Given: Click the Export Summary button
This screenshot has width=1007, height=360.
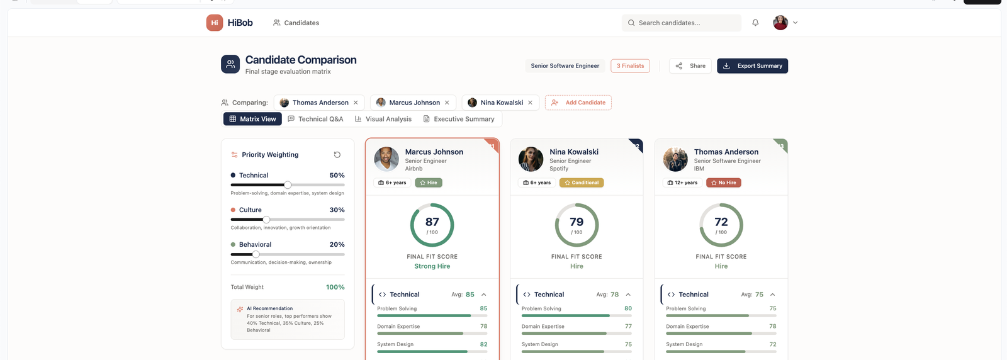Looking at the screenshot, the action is tap(752, 66).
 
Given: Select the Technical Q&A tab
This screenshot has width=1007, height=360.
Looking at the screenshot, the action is tap(315, 119).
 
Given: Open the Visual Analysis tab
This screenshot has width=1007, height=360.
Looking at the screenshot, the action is tap(383, 119).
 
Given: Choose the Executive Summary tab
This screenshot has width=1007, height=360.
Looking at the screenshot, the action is tap(459, 119).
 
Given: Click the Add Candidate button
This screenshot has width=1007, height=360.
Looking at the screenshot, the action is tap(578, 103).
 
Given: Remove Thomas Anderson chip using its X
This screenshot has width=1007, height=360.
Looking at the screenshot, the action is tap(356, 103).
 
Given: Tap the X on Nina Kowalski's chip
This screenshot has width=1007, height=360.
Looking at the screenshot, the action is tap(531, 103).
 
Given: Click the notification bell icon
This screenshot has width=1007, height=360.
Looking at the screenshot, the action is tap(755, 23).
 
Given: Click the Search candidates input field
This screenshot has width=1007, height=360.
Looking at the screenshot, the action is tap(682, 23).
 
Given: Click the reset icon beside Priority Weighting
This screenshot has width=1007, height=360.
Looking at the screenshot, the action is tap(337, 155).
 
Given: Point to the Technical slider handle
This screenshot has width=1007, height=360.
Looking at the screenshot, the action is tap(288, 184).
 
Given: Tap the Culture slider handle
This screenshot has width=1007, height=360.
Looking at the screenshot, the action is tap(267, 220).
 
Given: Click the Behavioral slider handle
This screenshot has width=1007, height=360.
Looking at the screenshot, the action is tap(256, 254).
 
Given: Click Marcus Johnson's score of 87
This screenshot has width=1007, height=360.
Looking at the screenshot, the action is tap(432, 222).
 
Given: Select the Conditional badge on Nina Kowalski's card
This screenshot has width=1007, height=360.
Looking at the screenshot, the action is tap(582, 183).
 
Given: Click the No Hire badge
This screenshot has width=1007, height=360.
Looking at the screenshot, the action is tap(724, 183).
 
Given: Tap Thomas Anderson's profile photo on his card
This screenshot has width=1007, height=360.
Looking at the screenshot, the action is tap(675, 159).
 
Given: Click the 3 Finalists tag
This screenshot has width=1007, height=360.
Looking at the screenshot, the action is tap(630, 66).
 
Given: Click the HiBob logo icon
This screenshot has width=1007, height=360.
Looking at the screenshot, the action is tap(215, 23).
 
